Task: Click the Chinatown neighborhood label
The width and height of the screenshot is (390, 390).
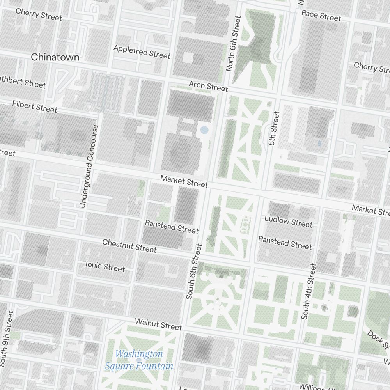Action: click(55, 57)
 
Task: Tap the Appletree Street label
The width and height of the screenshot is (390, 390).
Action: click(142, 51)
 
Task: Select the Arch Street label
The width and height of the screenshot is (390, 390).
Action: click(208, 86)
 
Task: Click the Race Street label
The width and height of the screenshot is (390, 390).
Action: click(321, 15)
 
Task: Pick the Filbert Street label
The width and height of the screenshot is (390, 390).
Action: click(35, 106)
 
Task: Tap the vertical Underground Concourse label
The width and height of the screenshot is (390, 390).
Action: click(89, 166)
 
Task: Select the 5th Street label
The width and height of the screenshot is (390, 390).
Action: click(274, 128)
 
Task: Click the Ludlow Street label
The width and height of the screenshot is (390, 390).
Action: click(288, 221)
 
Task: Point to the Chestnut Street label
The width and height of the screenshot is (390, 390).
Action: click(129, 246)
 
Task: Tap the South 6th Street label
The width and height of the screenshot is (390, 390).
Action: click(194, 271)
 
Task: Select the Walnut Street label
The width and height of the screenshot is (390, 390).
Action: click(158, 324)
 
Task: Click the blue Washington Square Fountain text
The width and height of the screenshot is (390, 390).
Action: click(139, 360)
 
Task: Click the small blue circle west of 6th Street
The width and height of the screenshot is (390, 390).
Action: click(204, 130)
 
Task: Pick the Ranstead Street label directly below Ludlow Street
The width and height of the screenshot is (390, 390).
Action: click(285, 243)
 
